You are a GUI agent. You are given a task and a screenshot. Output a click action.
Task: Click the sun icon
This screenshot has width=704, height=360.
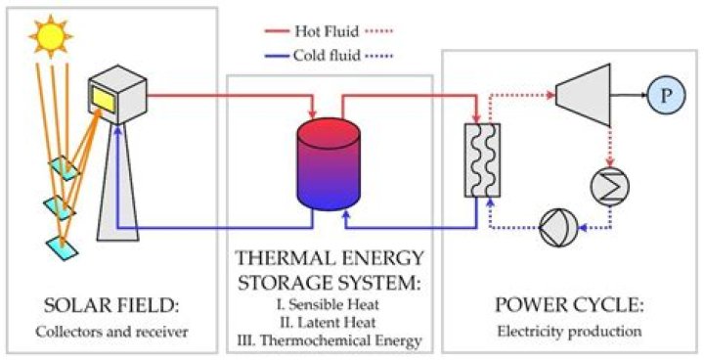coord(50,36)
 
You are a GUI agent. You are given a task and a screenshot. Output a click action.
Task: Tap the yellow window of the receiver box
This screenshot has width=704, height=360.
coord(104,99)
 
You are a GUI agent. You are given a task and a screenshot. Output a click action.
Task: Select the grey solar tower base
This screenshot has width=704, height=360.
coord(118,182)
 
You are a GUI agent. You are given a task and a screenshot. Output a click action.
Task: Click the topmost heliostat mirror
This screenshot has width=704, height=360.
coord(65,168)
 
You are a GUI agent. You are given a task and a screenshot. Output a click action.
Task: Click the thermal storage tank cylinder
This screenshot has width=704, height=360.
coord(330,164)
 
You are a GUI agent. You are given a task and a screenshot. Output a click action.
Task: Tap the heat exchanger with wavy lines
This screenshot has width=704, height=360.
coord(482,160)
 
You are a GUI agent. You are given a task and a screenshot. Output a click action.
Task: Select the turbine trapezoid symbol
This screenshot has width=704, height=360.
coord(583,95)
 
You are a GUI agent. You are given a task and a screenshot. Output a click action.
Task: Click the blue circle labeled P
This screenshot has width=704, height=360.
coord(666,95)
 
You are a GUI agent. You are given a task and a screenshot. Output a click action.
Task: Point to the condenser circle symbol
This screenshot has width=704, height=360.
coord(610,186)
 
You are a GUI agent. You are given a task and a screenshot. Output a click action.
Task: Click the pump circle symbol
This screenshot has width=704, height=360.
coord(558,228)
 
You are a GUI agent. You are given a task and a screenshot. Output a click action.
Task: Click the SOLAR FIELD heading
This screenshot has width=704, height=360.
coord(111,307)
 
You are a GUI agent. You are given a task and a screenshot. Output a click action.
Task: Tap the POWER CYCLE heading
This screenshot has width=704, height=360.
coord(569,305)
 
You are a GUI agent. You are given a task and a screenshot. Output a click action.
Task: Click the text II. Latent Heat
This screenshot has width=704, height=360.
coord(330,322)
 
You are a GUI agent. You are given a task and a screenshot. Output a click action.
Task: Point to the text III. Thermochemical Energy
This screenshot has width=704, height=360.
coord(330,340)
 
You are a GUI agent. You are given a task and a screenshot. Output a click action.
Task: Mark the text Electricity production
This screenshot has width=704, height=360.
coord(569,332)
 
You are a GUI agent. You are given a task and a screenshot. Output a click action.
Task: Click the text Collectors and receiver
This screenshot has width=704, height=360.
coord(111,333)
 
